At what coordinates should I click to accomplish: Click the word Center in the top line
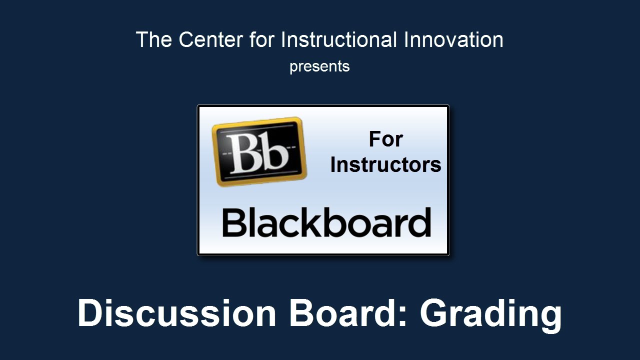pos(210,39)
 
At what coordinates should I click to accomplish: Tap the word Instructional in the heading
pos(339,39)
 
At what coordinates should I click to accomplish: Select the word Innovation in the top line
pos(453,39)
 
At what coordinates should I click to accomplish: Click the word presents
pos(319,67)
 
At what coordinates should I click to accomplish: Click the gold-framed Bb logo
pos(259,151)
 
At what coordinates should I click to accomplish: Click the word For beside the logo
pos(385,139)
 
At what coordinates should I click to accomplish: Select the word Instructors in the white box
pos(385,165)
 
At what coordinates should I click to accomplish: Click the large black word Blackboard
pos(326,222)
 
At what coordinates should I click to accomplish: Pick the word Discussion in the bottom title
pos(177,312)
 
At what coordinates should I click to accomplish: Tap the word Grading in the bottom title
pos(490,315)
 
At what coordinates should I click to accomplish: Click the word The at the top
pos(153,39)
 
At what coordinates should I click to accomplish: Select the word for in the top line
pos(261,39)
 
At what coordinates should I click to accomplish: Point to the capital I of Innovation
pos(406,39)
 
